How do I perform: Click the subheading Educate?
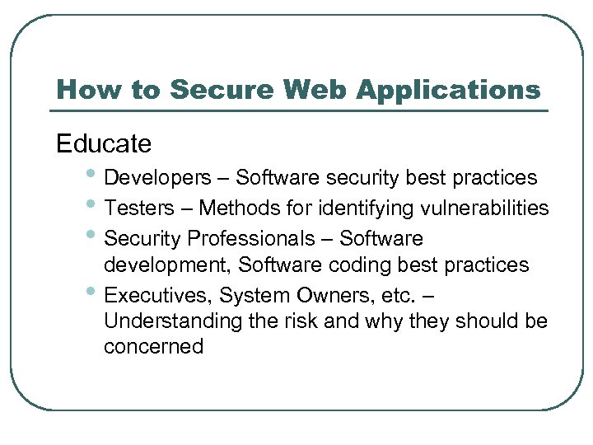click(x=104, y=143)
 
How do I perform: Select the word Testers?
click(x=139, y=208)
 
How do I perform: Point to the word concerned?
click(x=153, y=347)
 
